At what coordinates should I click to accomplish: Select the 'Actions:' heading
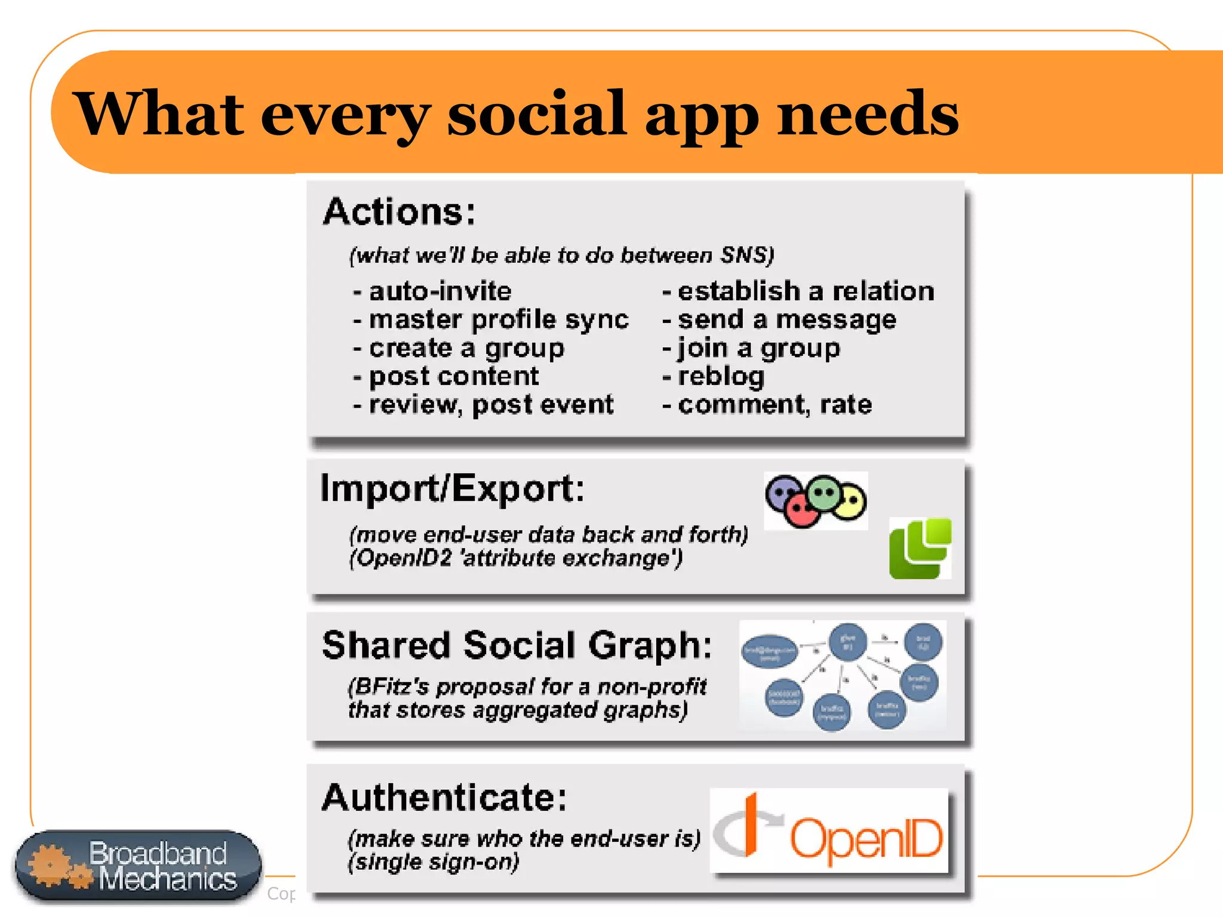399,212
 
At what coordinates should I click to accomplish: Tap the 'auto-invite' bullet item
440,291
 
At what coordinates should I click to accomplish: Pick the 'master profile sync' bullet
498,319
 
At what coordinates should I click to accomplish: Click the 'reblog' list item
721,376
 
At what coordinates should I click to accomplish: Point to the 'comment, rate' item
775,405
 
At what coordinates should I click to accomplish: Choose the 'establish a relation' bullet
806,291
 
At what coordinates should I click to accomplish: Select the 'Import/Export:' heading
452,489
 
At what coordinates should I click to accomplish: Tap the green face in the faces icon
825,493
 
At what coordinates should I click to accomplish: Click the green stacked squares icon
920,548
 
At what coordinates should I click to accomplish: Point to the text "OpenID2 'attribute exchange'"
515,558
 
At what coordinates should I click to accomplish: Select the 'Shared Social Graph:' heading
517,645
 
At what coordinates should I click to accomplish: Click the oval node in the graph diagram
769,651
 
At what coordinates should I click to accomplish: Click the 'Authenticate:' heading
444,798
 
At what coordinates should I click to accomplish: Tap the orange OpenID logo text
866,838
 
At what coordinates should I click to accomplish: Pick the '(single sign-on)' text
434,862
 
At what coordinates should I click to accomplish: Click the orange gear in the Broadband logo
51,865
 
